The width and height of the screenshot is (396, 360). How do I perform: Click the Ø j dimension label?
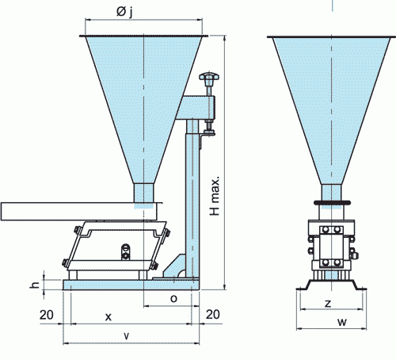[x=124, y=12]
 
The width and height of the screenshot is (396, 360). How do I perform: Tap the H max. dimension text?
[x=215, y=195]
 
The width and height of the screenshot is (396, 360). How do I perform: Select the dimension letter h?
[x=35, y=285]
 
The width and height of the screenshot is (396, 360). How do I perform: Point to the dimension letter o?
[x=173, y=298]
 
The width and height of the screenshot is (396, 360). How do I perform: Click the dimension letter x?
[x=109, y=316]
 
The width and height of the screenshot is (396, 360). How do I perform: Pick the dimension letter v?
[x=127, y=335]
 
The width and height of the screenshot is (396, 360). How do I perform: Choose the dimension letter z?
[x=328, y=303]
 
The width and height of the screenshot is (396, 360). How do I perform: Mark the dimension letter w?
[x=342, y=322]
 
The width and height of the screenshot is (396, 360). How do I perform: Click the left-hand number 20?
[x=47, y=315]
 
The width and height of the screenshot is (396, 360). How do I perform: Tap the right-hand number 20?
[x=212, y=315]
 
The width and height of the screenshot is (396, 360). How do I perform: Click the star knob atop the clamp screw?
[x=209, y=77]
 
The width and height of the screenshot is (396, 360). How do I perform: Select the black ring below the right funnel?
[x=332, y=203]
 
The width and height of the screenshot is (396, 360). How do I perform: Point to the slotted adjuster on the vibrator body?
[x=125, y=252]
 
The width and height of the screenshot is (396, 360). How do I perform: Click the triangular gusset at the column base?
[x=174, y=266]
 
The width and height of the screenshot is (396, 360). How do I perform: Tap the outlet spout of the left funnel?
[x=143, y=193]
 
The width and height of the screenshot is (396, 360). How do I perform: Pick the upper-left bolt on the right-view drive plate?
[x=326, y=229]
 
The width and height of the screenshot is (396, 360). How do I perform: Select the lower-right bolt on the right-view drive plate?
[x=337, y=262]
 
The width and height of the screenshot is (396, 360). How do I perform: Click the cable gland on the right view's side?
[x=354, y=254]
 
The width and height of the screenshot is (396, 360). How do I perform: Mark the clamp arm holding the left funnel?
[x=196, y=108]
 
